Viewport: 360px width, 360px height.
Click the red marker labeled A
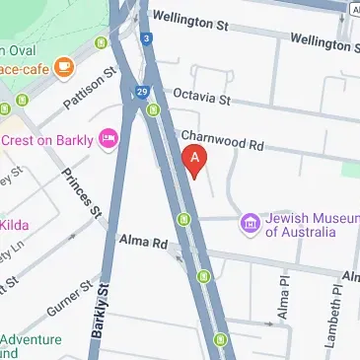[x=195, y=158]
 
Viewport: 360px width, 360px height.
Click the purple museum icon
[x=251, y=225]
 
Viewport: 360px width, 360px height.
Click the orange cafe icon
[x=64, y=68]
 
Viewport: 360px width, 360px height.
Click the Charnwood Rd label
[x=222, y=142]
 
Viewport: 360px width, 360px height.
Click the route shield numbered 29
[x=143, y=91]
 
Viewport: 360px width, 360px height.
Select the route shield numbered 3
[x=146, y=39]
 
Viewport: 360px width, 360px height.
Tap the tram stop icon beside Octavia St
[x=153, y=110]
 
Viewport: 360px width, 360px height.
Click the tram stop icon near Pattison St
[x=101, y=42]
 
